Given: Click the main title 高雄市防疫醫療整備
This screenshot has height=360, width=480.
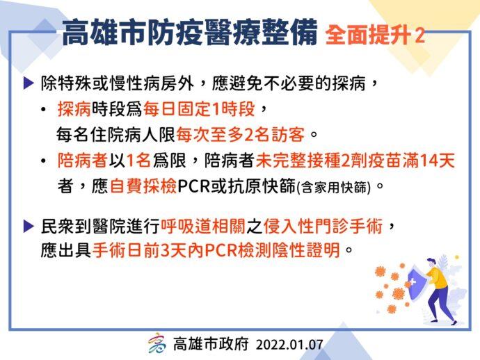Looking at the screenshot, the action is pyautogui.click(x=190, y=33).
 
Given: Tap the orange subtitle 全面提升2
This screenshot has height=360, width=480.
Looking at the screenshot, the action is pyautogui.click(x=375, y=35).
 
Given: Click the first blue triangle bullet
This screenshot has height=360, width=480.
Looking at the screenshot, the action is pyautogui.click(x=29, y=83).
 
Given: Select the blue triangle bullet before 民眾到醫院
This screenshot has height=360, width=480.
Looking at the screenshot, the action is pyautogui.click(x=29, y=227).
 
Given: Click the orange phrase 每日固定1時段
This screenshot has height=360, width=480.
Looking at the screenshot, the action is pyautogui.click(x=199, y=109).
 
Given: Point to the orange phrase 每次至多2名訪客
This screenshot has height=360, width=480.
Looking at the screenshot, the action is pyautogui.click(x=241, y=135).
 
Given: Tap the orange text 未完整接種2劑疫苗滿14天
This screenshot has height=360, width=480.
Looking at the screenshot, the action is pyautogui.click(x=355, y=161).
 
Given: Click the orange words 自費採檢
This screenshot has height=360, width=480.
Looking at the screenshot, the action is pyautogui.click(x=143, y=186).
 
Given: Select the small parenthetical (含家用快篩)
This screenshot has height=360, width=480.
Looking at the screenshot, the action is pyautogui.click(x=335, y=187).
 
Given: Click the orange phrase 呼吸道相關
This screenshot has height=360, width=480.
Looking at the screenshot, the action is pyautogui.click(x=203, y=227).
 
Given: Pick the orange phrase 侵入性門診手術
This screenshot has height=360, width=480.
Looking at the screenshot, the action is pyautogui.click(x=323, y=227).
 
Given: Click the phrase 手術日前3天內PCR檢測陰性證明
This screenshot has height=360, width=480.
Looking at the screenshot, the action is pyautogui.click(x=216, y=250).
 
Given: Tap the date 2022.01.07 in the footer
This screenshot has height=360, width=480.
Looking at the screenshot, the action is pyautogui.click(x=289, y=345).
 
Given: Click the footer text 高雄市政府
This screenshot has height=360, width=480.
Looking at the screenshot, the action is pyautogui.click(x=211, y=344).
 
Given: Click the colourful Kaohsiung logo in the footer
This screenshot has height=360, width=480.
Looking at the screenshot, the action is pyautogui.click(x=157, y=343).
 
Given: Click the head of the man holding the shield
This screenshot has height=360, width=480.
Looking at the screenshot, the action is pyautogui.click(x=431, y=263).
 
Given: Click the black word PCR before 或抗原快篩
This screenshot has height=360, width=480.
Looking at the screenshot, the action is pyautogui.click(x=193, y=186).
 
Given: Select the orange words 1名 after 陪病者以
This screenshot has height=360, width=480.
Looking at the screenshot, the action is pyautogui.click(x=138, y=161).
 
